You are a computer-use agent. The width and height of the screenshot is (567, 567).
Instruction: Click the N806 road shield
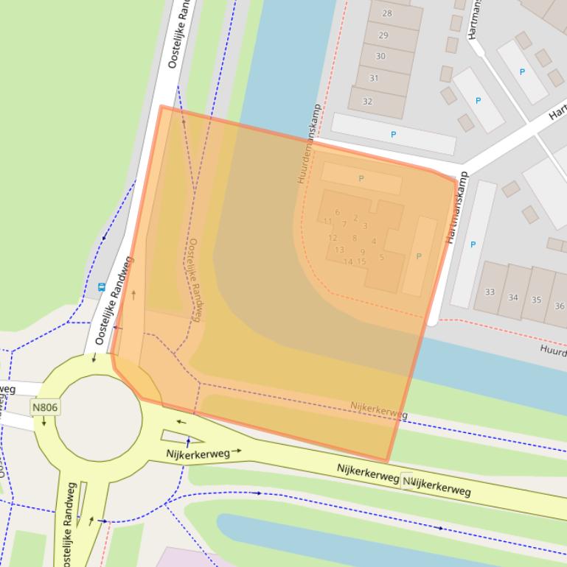(x=45, y=407)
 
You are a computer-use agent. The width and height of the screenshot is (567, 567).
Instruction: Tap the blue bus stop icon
(x=102, y=287)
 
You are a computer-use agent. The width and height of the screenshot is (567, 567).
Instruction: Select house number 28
(x=387, y=13)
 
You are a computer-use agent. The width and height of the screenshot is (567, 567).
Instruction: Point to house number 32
(x=367, y=101)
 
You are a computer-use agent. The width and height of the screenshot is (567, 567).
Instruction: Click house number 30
(x=380, y=56)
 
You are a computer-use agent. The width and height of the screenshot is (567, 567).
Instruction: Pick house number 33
(x=490, y=292)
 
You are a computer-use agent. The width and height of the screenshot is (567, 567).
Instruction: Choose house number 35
(x=536, y=300)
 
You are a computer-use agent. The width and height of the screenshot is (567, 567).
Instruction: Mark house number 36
(x=560, y=306)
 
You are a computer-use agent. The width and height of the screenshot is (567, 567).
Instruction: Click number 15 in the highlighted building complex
(x=361, y=261)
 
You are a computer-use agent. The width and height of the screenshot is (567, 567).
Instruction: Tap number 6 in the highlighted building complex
(x=337, y=212)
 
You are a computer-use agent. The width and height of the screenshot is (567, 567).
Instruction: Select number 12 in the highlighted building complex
(x=333, y=238)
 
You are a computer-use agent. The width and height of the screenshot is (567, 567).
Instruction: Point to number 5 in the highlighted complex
(x=381, y=257)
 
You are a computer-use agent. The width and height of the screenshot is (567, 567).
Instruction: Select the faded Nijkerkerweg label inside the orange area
(x=379, y=409)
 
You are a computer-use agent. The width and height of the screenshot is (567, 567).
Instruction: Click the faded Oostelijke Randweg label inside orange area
(x=195, y=279)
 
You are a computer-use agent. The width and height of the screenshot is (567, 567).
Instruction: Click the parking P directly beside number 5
(x=419, y=256)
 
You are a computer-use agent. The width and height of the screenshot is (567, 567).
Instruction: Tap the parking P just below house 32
(x=393, y=135)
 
